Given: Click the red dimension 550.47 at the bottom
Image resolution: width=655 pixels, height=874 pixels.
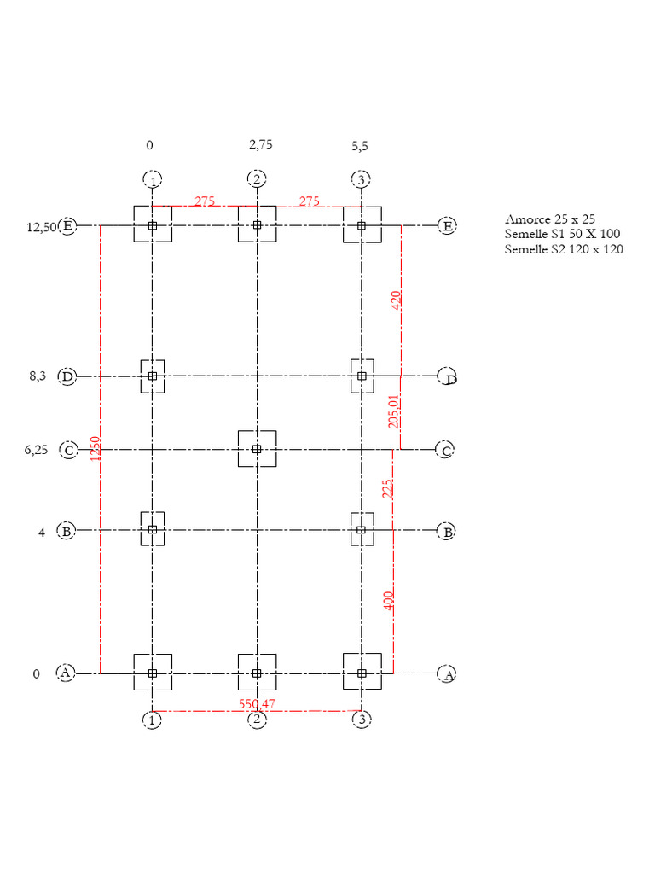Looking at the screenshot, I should coord(257,704).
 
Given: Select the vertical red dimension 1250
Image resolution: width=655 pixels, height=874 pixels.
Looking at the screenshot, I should coord(96,450).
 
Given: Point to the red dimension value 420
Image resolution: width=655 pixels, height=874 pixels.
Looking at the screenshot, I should coord(396,300).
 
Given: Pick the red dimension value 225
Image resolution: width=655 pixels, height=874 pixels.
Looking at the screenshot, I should coord(388,488).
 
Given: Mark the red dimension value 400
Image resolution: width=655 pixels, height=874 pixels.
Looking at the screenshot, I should coord(388,600).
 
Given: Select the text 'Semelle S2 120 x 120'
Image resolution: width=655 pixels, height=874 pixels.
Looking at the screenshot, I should coord(564,249).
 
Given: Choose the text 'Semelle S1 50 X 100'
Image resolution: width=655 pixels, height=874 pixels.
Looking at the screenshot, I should coord(563,235).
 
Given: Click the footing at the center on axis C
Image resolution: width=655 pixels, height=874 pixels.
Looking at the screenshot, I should coord(257,449).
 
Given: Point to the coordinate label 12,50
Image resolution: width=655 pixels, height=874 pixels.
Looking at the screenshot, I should coord(41,227).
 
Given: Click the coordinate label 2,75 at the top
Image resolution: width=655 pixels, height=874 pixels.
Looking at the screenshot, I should coord(261,145).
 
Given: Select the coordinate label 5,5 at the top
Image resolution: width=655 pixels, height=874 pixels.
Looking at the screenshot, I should coord(360,146).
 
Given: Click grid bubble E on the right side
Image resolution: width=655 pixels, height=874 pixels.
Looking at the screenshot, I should coord(447,226).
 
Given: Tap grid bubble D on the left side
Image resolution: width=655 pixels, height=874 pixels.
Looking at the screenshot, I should coord(67,376).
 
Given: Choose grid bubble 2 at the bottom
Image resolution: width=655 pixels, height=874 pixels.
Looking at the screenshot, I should coord(257,720).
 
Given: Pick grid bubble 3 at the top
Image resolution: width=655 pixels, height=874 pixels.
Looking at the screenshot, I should coord(362,179).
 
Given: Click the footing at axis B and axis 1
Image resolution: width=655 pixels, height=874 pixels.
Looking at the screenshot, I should coord(153,529).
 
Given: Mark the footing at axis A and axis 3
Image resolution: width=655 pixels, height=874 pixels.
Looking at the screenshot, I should coord(362,673).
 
